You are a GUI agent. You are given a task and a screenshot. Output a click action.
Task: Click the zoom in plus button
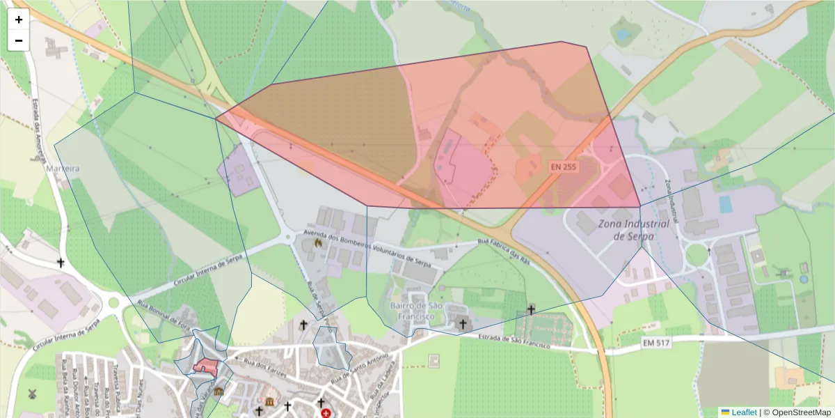coord(19,20)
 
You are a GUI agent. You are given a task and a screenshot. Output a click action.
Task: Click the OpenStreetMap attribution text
coord(801,412)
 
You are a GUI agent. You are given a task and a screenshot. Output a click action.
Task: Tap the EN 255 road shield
coord(564,167)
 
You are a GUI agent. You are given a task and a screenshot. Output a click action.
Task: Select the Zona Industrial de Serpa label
coord(633,230)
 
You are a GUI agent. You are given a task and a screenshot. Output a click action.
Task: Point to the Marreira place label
coord(63,169)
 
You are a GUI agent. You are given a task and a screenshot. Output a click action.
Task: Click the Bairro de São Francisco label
coord(417,311)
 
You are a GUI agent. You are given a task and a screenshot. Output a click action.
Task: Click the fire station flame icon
coord(318,243)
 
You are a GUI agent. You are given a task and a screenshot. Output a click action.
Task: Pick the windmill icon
coord(31,394)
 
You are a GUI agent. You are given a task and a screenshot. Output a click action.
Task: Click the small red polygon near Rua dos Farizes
coord(207,366)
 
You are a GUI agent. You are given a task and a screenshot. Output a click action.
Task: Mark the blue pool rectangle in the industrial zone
coord(726,204)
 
